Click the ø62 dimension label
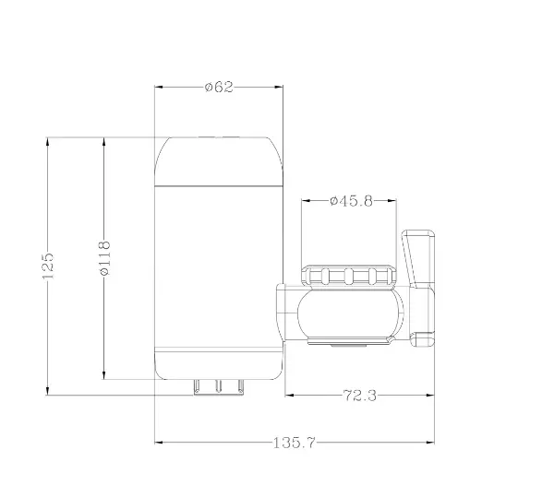click(x=219, y=87)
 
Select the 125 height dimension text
click(x=48, y=266)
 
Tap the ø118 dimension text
click(x=104, y=258)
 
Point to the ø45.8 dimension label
click(x=351, y=201)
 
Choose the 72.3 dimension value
click(x=360, y=396)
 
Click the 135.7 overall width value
click(x=294, y=443)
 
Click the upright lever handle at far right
click(x=418, y=258)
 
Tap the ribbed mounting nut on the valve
click(x=349, y=275)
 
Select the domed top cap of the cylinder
click(x=219, y=160)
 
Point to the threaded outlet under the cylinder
click(x=219, y=386)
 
